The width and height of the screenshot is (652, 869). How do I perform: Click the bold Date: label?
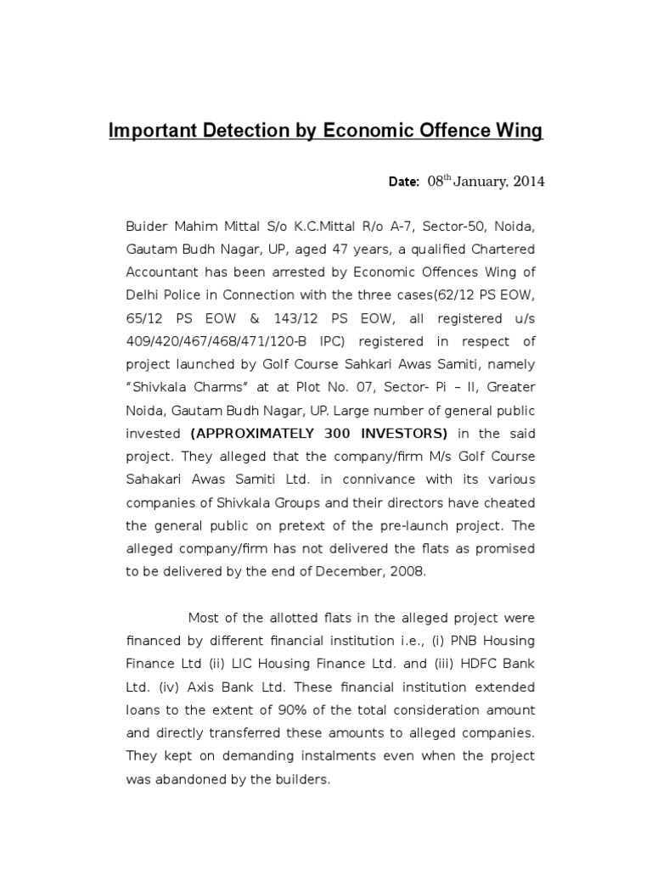point(404,182)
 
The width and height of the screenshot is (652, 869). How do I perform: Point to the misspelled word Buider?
point(146,227)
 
